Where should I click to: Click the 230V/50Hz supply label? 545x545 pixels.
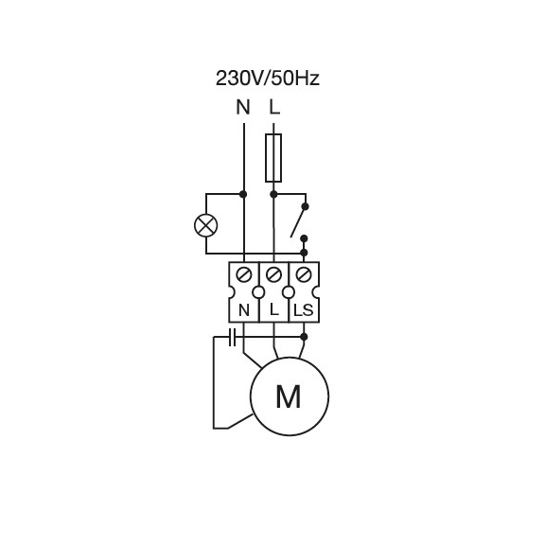[x=267, y=79]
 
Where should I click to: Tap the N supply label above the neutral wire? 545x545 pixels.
[x=243, y=107]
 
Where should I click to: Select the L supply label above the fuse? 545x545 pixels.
[x=274, y=107]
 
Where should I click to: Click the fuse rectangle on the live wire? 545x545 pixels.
[x=273, y=158]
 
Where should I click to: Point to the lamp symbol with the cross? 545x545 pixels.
[x=206, y=225]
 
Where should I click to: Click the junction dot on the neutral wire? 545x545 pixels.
[x=243, y=194]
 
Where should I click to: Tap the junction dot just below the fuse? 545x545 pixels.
[x=273, y=194]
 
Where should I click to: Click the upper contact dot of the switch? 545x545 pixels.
[x=306, y=207]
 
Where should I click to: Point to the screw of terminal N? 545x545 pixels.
[x=244, y=275]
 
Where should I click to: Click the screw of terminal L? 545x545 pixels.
[x=273, y=275]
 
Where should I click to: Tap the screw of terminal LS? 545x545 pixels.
[x=304, y=275]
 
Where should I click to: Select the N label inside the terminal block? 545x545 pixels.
[x=244, y=310]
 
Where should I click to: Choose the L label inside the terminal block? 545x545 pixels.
[x=274, y=310]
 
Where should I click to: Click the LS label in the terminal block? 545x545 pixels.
[x=304, y=310]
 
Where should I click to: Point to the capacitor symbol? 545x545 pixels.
[x=232, y=337]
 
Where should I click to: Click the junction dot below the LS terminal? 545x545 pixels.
[x=304, y=337]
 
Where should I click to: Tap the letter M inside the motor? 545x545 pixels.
[x=289, y=396]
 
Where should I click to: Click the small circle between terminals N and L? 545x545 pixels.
[x=258, y=292]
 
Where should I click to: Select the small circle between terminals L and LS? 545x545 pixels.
[x=289, y=292]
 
